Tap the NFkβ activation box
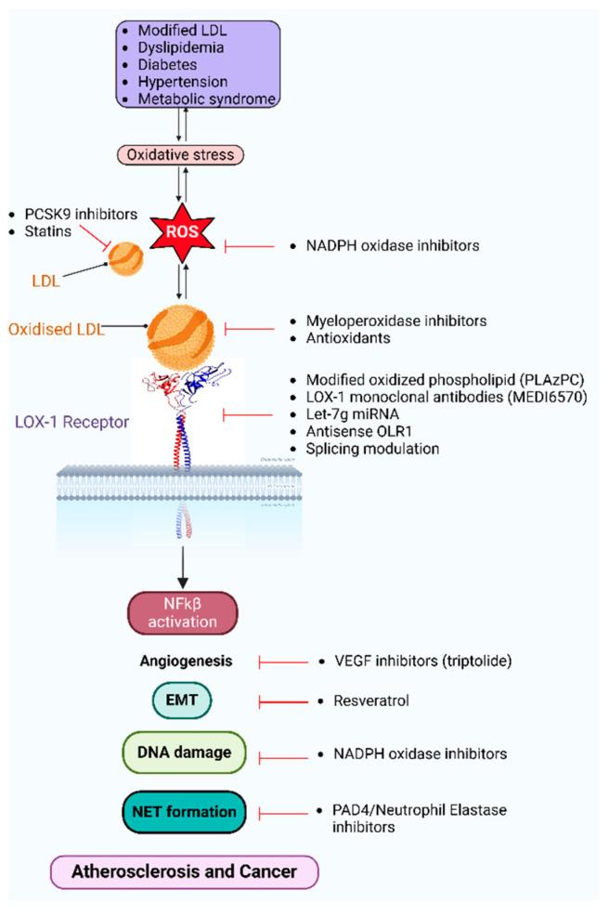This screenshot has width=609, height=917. (x=183, y=612)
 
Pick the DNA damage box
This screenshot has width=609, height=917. (x=182, y=753)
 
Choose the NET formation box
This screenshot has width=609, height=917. (x=182, y=812)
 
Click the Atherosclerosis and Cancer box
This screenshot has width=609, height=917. (x=185, y=872)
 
